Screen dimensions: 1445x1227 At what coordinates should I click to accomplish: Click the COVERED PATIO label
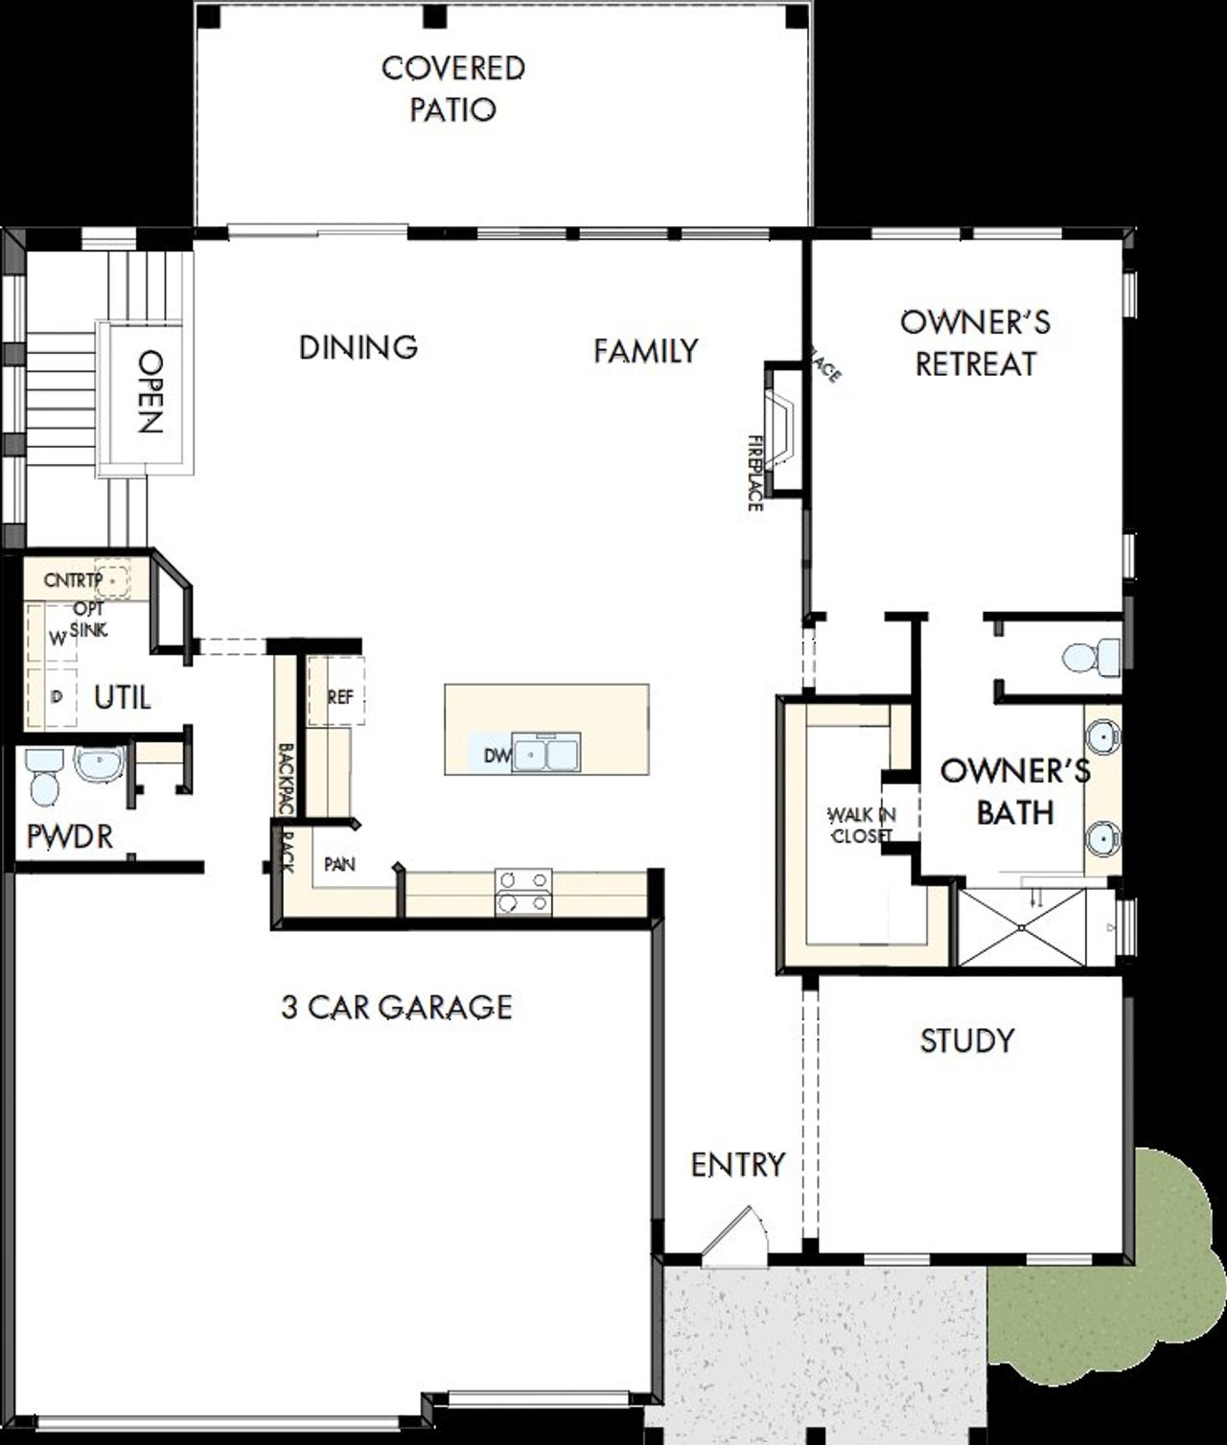[452, 88]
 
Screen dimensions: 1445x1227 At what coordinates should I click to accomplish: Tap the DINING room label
[359, 346]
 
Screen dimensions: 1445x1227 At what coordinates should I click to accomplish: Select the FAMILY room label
[645, 351]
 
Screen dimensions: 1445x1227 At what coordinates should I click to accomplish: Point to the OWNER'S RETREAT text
[975, 342]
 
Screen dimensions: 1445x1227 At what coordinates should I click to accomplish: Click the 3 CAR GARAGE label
[397, 1007]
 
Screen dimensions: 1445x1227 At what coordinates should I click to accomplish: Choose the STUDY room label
[966, 1040]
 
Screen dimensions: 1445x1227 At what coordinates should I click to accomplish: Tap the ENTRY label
[737, 1165]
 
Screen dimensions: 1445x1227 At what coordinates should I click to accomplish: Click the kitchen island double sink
[546, 754]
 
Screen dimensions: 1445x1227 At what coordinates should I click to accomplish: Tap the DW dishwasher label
[496, 756]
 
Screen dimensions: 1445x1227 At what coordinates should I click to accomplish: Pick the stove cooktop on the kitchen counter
[523, 892]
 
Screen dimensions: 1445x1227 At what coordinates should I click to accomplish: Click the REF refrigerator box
[338, 697]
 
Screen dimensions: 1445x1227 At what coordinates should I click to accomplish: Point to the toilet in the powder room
[44, 777]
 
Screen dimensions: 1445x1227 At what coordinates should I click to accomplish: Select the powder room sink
[98, 765]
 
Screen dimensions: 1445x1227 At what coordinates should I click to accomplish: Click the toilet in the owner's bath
[1091, 659]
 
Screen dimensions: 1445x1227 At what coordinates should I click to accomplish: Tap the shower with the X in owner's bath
[1022, 927]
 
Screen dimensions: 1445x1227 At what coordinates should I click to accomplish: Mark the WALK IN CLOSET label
[861, 825]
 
